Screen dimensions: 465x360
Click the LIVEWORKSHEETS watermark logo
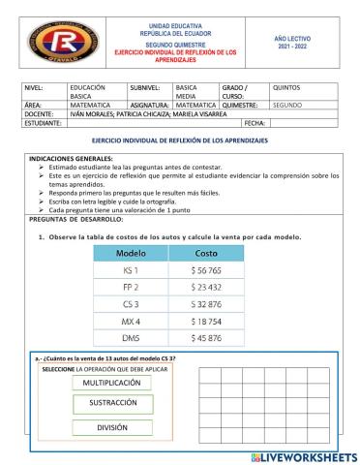302,455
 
